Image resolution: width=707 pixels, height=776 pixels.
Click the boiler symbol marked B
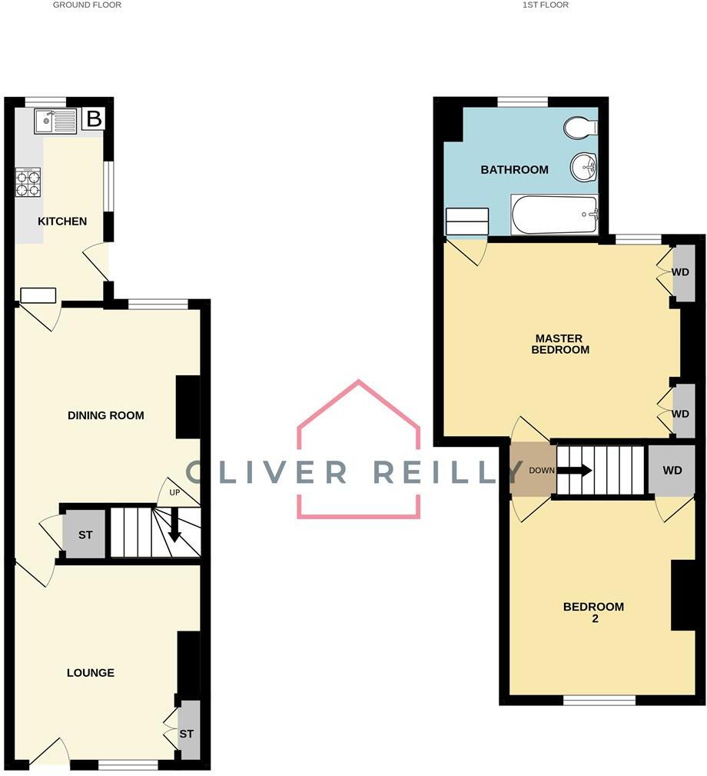(x=94, y=119)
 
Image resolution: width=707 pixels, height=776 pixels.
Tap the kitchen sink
(x=55, y=121)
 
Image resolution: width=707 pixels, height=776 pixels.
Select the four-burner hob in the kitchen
(x=28, y=182)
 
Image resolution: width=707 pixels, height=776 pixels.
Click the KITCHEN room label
(x=62, y=221)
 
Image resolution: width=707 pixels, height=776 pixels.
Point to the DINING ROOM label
(x=106, y=415)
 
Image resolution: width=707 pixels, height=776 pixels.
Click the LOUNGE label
(x=90, y=673)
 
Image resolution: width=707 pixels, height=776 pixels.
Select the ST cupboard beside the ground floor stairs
(x=85, y=533)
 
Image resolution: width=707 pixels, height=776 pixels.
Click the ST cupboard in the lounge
(x=187, y=734)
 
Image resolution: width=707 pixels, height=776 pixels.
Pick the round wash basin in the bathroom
(x=585, y=166)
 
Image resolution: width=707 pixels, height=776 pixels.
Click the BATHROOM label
(x=514, y=170)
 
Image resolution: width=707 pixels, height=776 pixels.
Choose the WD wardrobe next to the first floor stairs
(x=672, y=470)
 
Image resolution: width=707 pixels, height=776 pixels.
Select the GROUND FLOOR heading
(x=87, y=5)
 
